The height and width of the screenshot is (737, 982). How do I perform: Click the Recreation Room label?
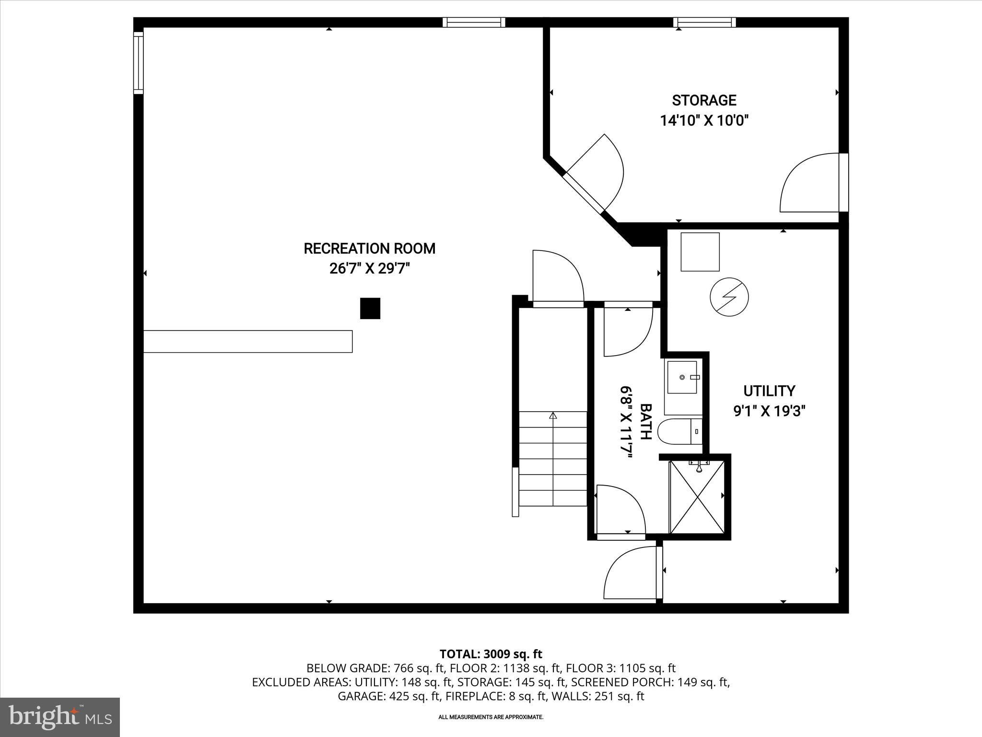[370, 249]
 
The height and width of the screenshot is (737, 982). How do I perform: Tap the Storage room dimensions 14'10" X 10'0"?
[704, 120]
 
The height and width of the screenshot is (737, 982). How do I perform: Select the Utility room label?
[769, 391]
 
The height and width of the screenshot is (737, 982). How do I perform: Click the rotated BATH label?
[646, 422]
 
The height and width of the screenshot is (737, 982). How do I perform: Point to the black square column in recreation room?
[370, 309]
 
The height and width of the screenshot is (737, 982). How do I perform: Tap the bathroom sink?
[683, 378]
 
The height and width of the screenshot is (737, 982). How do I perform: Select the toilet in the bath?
[680, 431]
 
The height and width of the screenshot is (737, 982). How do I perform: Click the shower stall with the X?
[697, 497]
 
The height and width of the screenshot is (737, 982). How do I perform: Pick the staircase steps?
[553, 458]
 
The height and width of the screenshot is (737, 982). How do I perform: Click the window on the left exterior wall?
[138, 63]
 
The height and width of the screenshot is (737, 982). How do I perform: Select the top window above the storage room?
[704, 22]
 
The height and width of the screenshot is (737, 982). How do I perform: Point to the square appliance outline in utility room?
[700, 252]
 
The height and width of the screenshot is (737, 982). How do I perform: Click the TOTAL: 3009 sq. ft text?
[491, 654]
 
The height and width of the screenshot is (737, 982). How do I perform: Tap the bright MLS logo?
[60, 717]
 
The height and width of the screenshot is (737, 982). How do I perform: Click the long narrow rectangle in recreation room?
[248, 341]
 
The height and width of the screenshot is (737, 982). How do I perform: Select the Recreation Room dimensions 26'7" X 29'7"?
[370, 268]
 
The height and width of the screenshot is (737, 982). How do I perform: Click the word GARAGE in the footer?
[360, 696]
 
